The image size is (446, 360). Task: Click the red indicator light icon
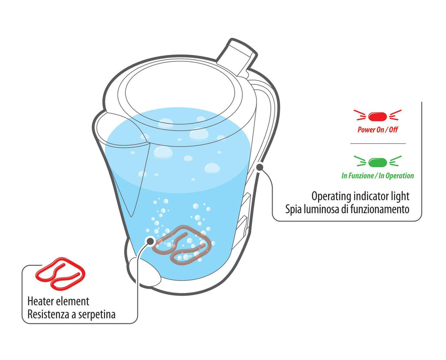point(378,116)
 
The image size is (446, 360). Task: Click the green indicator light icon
point(378,162)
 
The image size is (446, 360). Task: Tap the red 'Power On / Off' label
point(378,130)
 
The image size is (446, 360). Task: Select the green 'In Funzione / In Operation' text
point(378,176)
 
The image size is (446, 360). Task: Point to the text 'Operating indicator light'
point(360,196)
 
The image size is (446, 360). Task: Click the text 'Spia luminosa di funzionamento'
point(347,209)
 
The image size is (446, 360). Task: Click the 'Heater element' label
point(58,301)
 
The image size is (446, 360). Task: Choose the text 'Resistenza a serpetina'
point(71,314)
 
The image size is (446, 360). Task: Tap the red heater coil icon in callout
point(60,273)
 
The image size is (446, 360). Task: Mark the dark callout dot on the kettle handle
point(260,167)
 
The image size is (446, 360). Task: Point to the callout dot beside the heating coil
point(150,241)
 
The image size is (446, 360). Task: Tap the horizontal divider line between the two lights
point(378,144)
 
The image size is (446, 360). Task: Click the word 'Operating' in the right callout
point(331,196)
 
